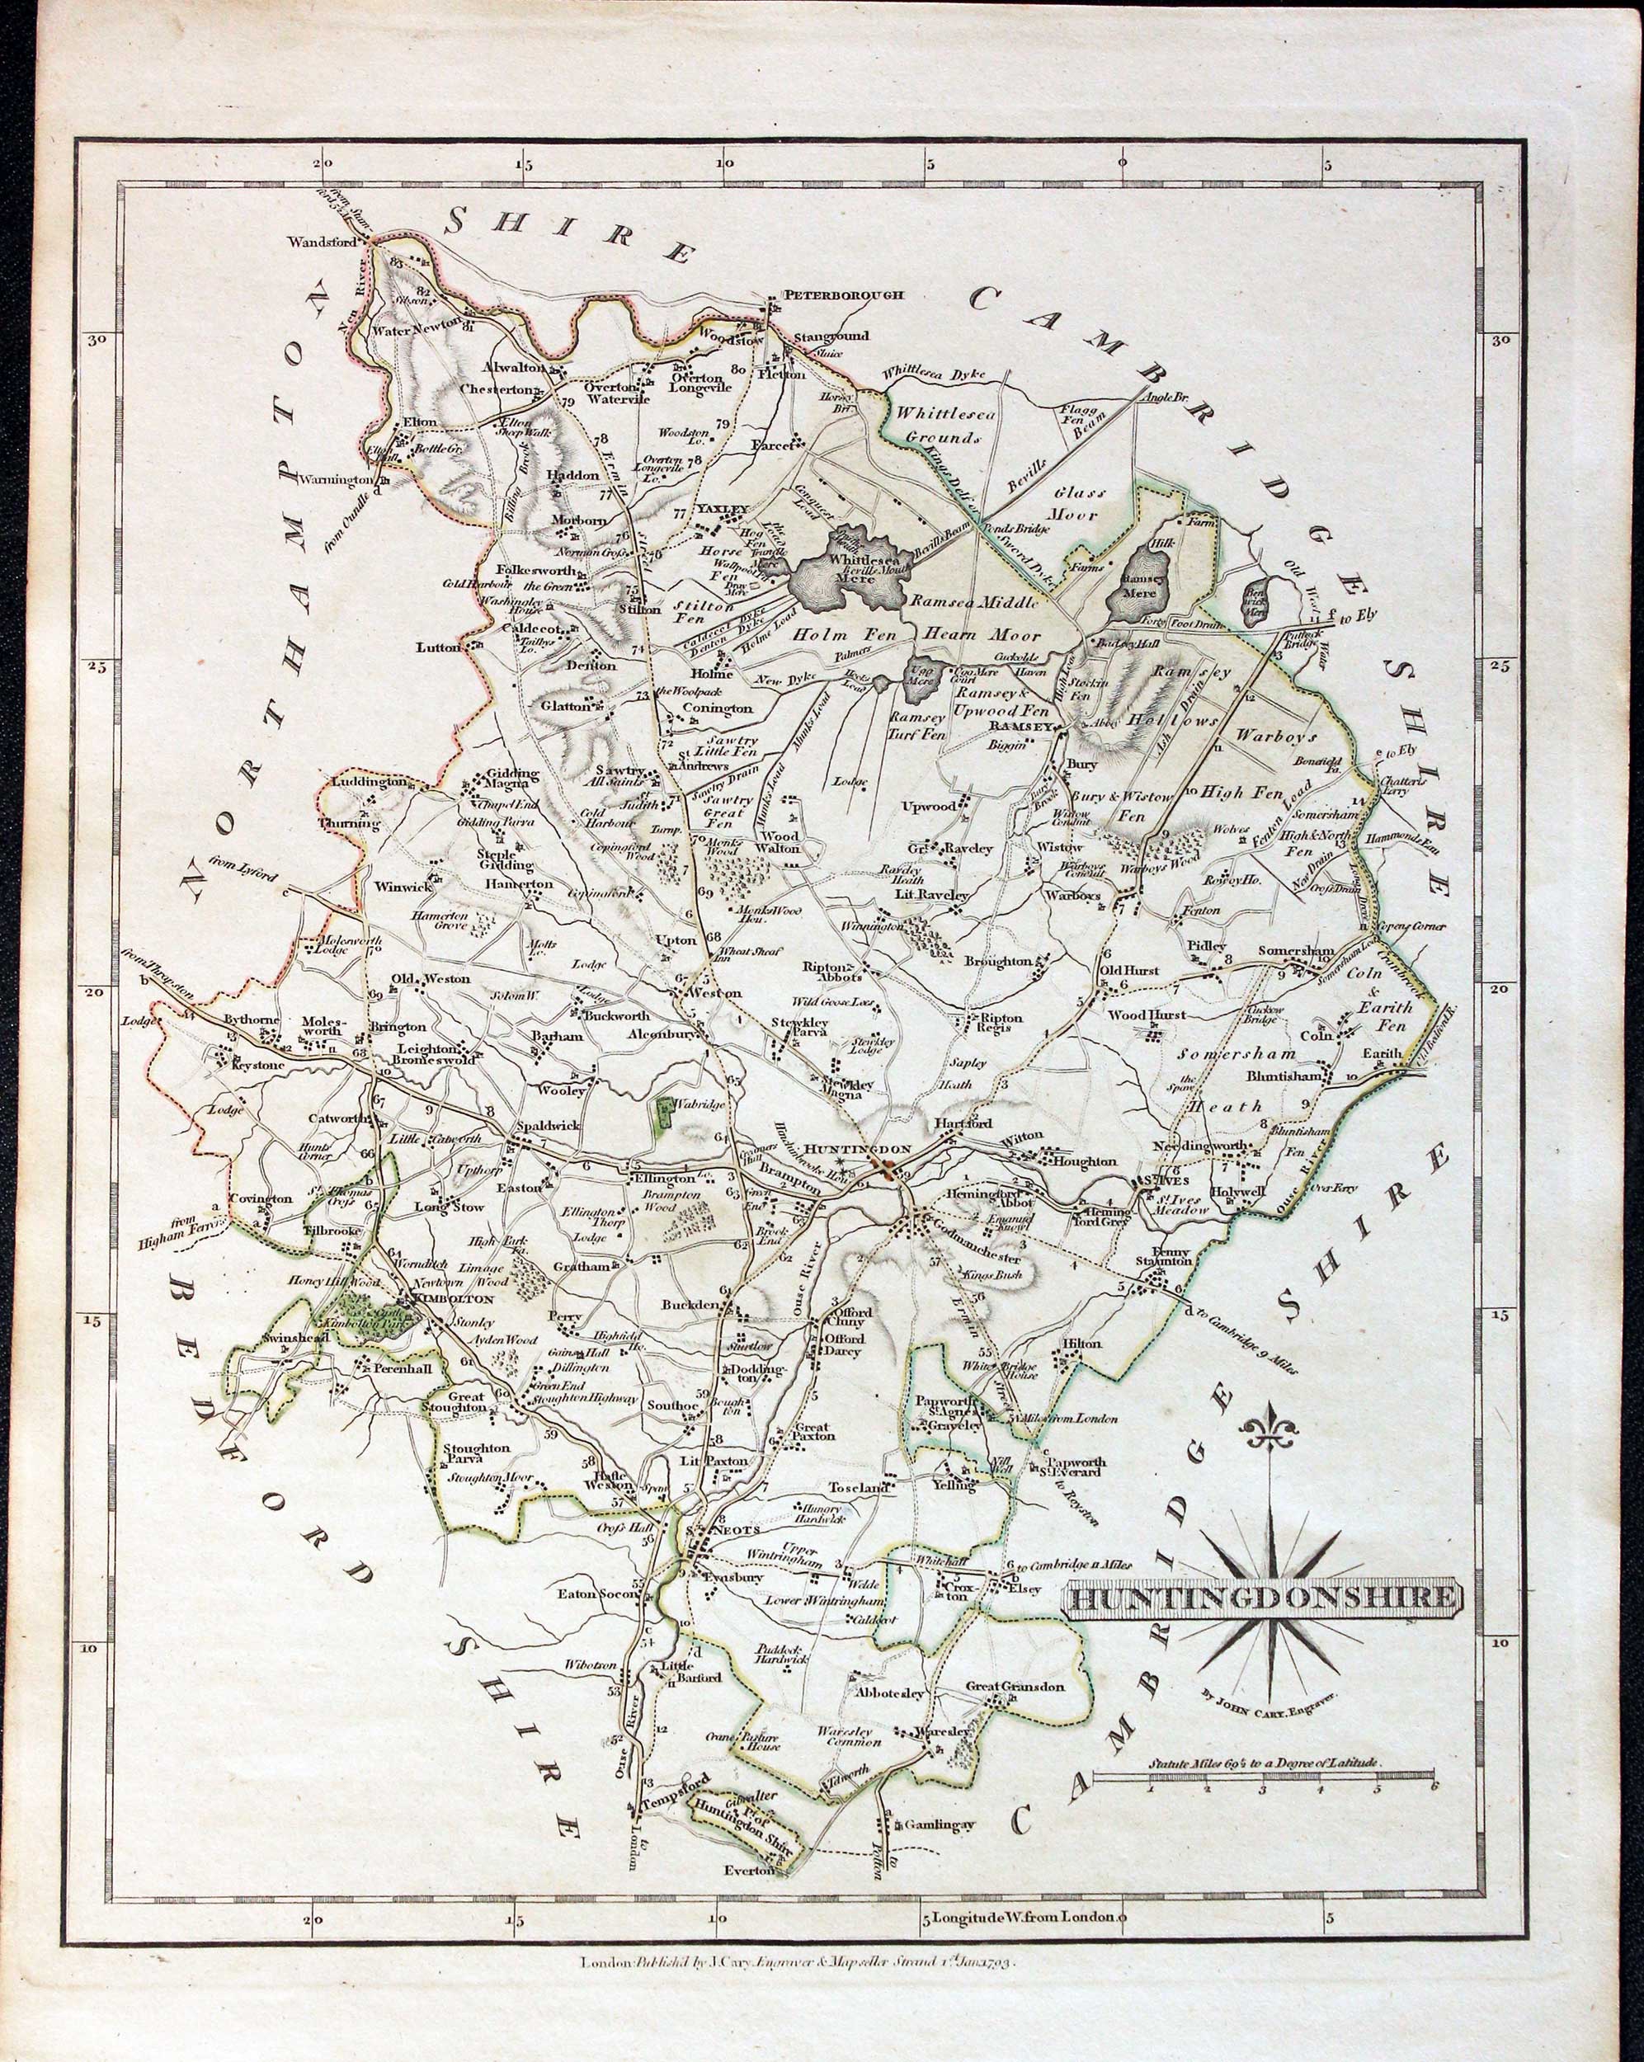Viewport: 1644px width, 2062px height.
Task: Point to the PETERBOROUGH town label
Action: click(842, 294)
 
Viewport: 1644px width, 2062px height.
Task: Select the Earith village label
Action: click(1382, 1053)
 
